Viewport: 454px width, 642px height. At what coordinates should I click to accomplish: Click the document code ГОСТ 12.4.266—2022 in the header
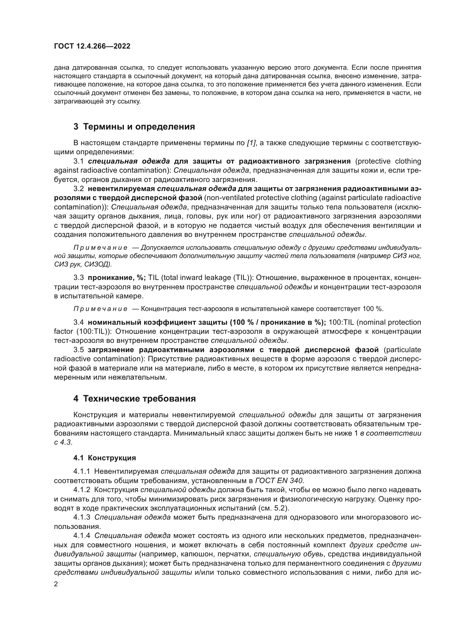pyautogui.click(x=92, y=46)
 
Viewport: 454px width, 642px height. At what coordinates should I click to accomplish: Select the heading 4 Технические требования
pyautogui.click(x=134, y=399)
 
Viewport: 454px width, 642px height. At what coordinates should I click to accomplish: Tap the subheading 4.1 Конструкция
pyautogui.click(x=105, y=458)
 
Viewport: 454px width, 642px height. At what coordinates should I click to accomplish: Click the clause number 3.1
pyautogui.click(x=78, y=161)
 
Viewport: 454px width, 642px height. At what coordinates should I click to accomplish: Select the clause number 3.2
pyautogui.click(x=78, y=189)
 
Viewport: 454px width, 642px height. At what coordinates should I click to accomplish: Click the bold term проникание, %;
pyautogui.click(x=117, y=278)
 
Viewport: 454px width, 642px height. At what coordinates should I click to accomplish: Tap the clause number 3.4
pyautogui.click(x=78, y=323)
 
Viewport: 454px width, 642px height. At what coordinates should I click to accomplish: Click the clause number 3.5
pyautogui.click(x=78, y=350)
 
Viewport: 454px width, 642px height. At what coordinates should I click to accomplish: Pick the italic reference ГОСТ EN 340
pyautogui.click(x=279, y=481)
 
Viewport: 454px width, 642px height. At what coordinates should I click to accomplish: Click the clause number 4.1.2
pyautogui.click(x=82, y=490)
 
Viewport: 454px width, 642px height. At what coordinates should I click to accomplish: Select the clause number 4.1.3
pyautogui.click(x=82, y=517)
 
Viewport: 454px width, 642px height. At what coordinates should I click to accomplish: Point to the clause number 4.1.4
pyautogui.click(x=82, y=536)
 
